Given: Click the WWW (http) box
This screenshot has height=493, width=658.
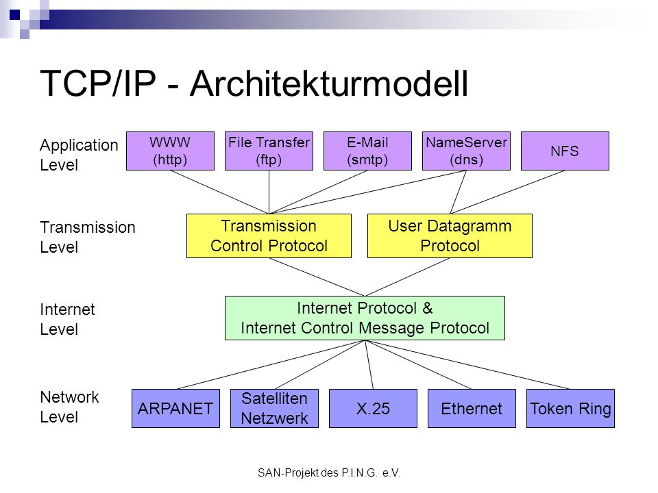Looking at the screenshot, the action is tap(171, 151).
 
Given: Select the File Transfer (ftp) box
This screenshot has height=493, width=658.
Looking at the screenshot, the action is tap(269, 151).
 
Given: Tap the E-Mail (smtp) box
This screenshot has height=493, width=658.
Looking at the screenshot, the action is tap(367, 151).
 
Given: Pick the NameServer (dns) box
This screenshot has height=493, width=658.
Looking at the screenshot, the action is tap(466, 151).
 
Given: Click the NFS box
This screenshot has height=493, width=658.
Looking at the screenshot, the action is tap(565, 151).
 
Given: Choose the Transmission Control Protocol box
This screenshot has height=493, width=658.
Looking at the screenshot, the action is tap(269, 236).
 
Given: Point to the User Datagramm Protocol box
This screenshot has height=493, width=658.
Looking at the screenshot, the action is tap(450, 236).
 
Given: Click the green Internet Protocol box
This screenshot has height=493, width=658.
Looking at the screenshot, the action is tap(365, 318).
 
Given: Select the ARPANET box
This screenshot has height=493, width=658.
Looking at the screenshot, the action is tap(176, 408).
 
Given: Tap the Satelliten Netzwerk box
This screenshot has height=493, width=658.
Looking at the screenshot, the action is tap(274, 408).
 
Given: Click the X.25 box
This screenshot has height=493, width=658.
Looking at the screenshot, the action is tap(373, 408).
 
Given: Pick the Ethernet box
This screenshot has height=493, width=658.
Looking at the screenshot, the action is tap(472, 408).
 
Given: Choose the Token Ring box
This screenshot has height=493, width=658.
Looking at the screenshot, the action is tap(570, 408).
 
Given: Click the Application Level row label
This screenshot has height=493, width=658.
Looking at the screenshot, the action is tap(79, 155).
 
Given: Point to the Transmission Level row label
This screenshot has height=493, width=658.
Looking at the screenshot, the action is tap(88, 237).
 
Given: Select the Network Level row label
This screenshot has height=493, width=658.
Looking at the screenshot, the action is tap(69, 407).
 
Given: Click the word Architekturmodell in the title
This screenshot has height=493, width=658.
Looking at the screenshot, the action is tap(329, 83).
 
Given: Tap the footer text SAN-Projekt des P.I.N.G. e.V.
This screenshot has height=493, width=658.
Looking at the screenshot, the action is tap(330, 473).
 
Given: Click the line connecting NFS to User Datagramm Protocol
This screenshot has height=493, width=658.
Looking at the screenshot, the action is tap(508, 192).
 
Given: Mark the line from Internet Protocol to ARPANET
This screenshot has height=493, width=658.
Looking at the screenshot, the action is tap(270, 365).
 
